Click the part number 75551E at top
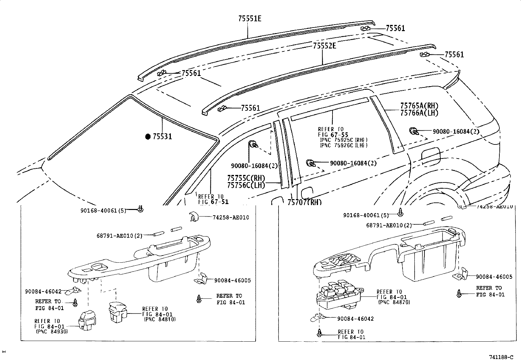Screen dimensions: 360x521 tap(249, 19)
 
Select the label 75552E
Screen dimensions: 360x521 tap(324, 46)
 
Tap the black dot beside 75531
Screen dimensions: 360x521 tap(148, 136)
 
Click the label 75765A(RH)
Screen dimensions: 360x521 tap(419, 106)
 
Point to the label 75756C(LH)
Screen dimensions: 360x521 tap(246, 185)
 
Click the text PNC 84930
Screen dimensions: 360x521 tap(52, 332)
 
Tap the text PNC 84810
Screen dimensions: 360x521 tap(160, 319)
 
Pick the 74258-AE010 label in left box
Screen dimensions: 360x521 tap(231, 217)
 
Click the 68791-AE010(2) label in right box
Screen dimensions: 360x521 tap(389, 225)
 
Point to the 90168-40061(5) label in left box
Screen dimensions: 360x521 tap(103, 211)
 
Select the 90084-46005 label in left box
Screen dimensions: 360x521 tap(232, 280)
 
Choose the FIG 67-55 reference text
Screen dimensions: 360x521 tap(333, 135)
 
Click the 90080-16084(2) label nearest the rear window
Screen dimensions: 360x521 tap(456, 131)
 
